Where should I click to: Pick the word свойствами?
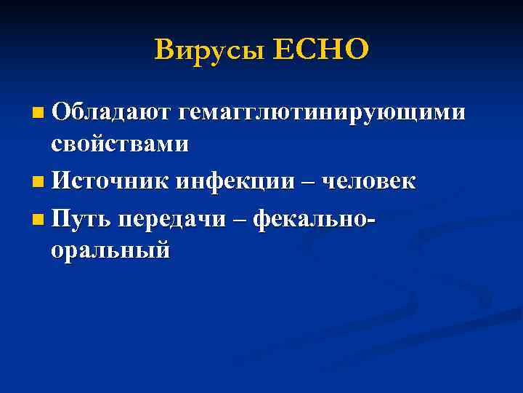(120, 144)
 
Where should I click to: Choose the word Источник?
(109, 181)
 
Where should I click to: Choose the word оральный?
(110, 249)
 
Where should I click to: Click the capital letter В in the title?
(165, 50)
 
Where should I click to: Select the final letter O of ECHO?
(357, 50)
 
